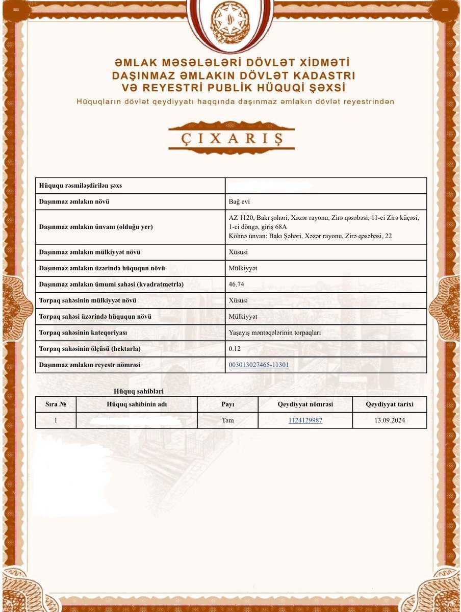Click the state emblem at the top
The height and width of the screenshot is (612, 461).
pos(230,23)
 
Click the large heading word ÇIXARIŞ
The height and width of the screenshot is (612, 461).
pos(231,138)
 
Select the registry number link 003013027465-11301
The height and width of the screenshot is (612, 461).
pos(259,365)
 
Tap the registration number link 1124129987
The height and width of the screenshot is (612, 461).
pos(305,420)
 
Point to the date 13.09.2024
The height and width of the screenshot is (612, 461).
pos(389,420)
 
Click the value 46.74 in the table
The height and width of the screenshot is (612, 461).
pos(237,284)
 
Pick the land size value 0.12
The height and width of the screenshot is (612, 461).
pos(235,349)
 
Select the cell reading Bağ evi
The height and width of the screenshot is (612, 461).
pos(239,201)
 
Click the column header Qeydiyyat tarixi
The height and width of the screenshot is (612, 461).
pos(389,404)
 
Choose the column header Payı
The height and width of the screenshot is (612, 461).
pos(227,404)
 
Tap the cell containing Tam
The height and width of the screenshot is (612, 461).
pos(227,420)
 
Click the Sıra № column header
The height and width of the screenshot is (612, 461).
pos(56,404)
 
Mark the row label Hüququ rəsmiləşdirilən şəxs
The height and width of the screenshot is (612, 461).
pos(80,186)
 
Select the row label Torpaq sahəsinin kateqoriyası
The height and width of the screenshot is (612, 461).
pos(83,333)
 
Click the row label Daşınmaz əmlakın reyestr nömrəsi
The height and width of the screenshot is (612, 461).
pos(89,365)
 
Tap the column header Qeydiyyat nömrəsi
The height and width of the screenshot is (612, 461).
pos(305,404)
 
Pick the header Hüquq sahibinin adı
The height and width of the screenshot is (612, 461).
pos(137,404)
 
